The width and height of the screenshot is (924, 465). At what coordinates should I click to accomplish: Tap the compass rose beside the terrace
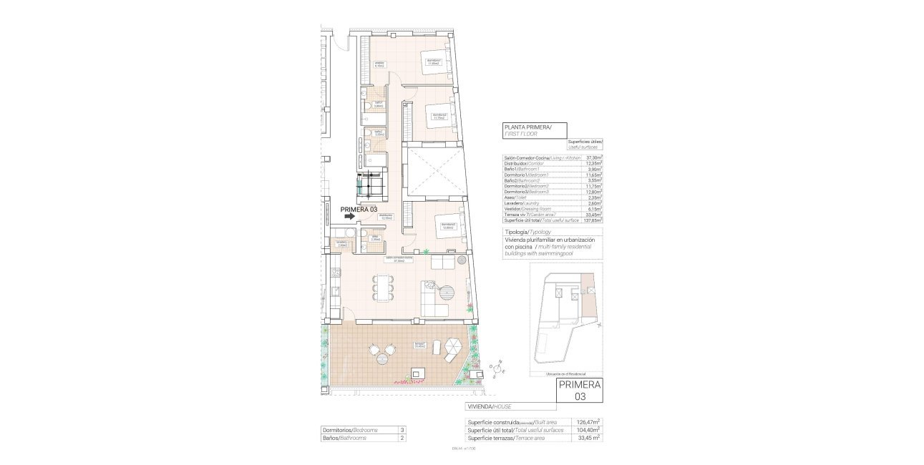[x=498, y=368]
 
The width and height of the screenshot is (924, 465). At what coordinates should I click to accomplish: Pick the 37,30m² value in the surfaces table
[x=593, y=157]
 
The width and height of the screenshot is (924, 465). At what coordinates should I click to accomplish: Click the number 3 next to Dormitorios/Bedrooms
[x=402, y=430]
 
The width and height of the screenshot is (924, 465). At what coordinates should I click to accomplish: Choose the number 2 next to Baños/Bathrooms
[x=402, y=438]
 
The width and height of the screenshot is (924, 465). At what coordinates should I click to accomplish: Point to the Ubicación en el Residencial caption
[x=565, y=374]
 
